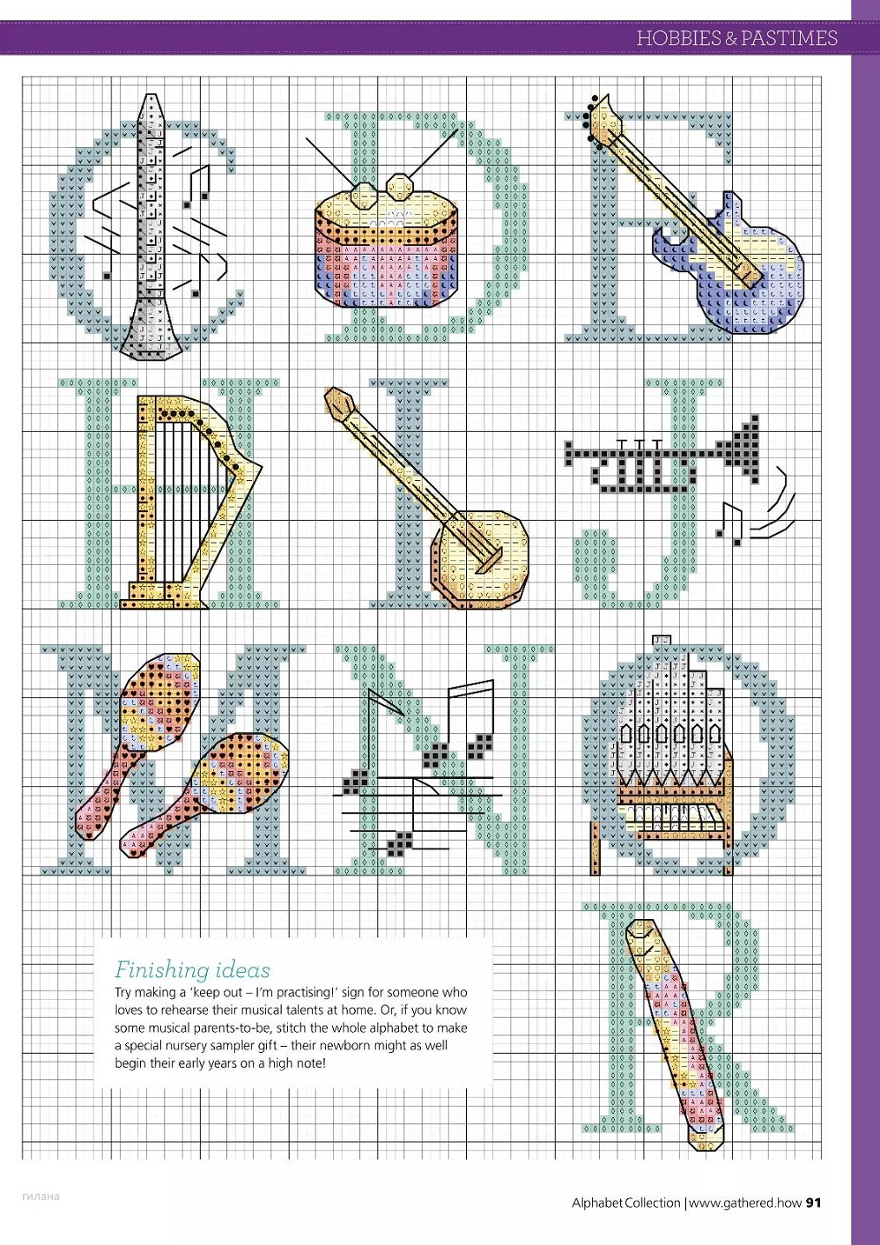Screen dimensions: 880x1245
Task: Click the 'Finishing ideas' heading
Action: (192, 970)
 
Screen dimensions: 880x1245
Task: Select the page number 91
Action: (813, 1203)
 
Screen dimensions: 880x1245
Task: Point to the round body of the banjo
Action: (480, 560)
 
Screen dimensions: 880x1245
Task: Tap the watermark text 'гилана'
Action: (41, 1197)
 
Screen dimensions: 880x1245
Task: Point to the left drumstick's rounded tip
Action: (365, 196)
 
